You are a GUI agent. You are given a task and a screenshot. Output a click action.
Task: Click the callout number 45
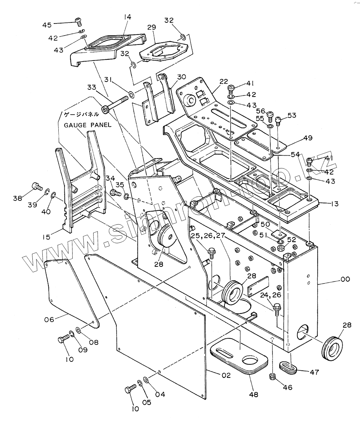[47, 25]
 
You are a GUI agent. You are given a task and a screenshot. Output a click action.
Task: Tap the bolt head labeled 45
[78, 21]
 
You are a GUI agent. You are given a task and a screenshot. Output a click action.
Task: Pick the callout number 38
[18, 198]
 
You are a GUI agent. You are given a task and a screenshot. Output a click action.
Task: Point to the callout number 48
[254, 394]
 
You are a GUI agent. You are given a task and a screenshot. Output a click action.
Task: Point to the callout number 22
[223, 82]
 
